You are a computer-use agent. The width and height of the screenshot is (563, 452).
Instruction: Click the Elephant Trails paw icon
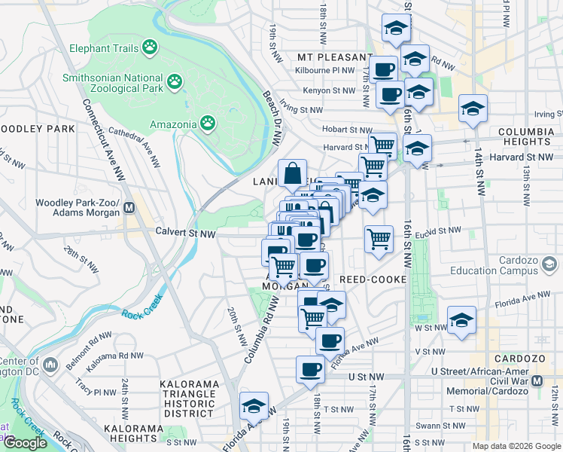coord(151,48)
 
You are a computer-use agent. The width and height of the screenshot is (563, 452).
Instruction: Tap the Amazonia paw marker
coord(208,123)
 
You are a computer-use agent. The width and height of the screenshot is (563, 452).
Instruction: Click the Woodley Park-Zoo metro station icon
coord(129,207)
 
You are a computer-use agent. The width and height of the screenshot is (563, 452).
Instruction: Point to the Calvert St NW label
coord(185,234)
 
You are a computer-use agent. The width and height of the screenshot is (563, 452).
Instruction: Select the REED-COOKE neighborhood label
coord(373,279)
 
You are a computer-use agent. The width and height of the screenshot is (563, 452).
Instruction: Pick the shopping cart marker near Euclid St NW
coord(379,239)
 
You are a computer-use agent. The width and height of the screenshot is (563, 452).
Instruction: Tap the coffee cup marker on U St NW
coord(310,369)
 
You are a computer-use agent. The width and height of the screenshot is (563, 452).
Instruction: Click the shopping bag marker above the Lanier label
coord(292,173)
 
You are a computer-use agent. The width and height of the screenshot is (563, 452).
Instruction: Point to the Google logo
coord(25,443)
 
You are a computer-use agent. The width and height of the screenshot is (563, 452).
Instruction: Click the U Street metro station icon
coord(537,381)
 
